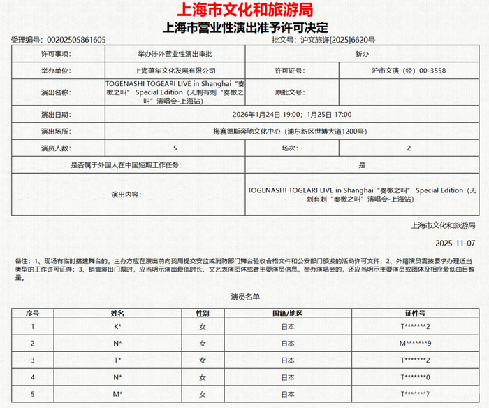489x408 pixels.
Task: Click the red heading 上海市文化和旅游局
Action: (x=245, y=10)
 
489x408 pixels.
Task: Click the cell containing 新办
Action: (x=363, y=53)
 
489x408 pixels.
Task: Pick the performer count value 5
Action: (x=175, y=148)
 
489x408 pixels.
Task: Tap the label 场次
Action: (x=289, y=148)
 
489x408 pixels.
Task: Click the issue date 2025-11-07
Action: (x=454, y=244)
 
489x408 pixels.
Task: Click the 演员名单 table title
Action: (x=245, y=297)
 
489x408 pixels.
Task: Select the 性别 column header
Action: (x=203, y=313)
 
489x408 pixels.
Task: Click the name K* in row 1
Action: (x=118, y=326)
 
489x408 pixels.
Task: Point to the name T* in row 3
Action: (x=118, y=360)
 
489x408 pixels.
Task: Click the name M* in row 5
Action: (x=118, y=395)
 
